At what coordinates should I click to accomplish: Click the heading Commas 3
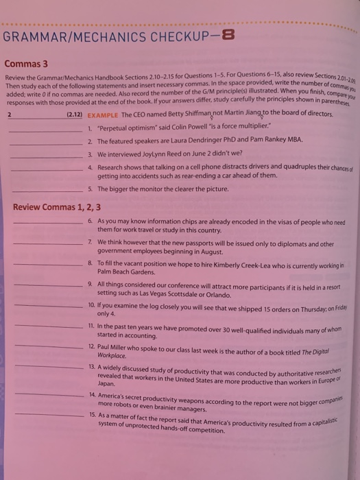point(25,64)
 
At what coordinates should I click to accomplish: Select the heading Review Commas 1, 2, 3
point(57,206)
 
